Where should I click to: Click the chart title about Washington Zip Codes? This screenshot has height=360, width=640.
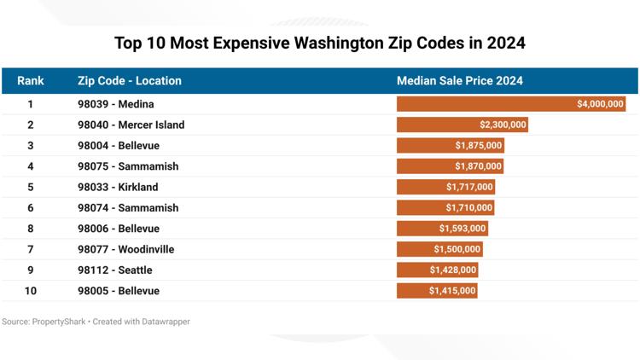coord(320,43)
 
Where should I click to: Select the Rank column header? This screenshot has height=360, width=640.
coord(31,81)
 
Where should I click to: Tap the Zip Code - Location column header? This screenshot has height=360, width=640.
coord(129,81)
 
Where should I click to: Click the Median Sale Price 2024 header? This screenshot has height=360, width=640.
coord(459,81)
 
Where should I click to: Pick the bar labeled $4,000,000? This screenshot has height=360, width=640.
coord(511,104)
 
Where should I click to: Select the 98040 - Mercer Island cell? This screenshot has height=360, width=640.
coord(131,125)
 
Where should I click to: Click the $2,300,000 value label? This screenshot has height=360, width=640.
coord(503,125)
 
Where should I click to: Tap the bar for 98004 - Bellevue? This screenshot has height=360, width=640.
coord(450,146)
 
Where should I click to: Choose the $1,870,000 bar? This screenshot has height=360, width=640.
coord(450,166)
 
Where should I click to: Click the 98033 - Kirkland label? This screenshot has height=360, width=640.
coord(118,187)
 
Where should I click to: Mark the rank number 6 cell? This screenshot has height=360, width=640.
coord(31,208)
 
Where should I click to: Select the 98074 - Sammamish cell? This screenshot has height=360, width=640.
coord(128,208)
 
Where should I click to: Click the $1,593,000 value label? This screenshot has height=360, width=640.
coord(463,229)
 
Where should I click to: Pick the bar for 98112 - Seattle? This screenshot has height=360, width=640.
coord(437,270)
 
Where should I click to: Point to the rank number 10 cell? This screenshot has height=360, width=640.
coord(31,291)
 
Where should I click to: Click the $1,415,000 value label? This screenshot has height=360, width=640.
coord(452,291)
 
